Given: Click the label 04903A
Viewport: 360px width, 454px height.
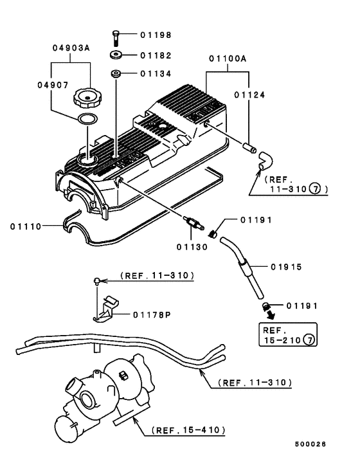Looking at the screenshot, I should pyautogui.click(x=70, y=48).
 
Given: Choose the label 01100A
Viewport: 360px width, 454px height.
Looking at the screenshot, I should pyautogui.click(x=227, y=59).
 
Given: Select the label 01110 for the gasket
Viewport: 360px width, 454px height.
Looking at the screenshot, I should pyautogui.click(x=26, y=226).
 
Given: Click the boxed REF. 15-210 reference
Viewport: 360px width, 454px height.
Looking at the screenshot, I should pyautogui.click(x=288, y=334).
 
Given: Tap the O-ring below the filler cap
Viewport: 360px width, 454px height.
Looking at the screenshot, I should pyautogui.click(x=84, y=119).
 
